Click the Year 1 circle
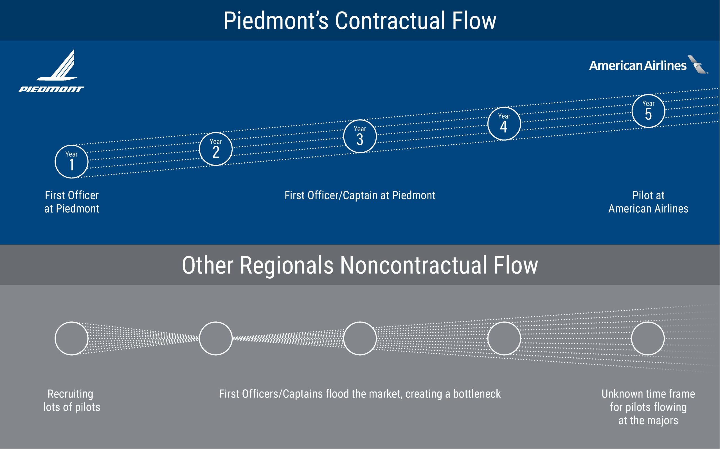tap(71, 162)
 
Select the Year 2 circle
tap(216, 149)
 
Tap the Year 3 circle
tap(360, 136)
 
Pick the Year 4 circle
tap(504, 124)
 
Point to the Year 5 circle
tap(648, 111)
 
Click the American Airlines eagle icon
tap(698, 64)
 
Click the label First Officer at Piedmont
tap(71, 202)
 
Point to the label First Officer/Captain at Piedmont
tap(360, 195)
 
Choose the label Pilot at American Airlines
tap(648, 202)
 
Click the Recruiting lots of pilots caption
tap(71, 400)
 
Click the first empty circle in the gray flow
tap(71, 338)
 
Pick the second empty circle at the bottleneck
tap(216, 338)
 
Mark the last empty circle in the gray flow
tap(648, 338)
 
